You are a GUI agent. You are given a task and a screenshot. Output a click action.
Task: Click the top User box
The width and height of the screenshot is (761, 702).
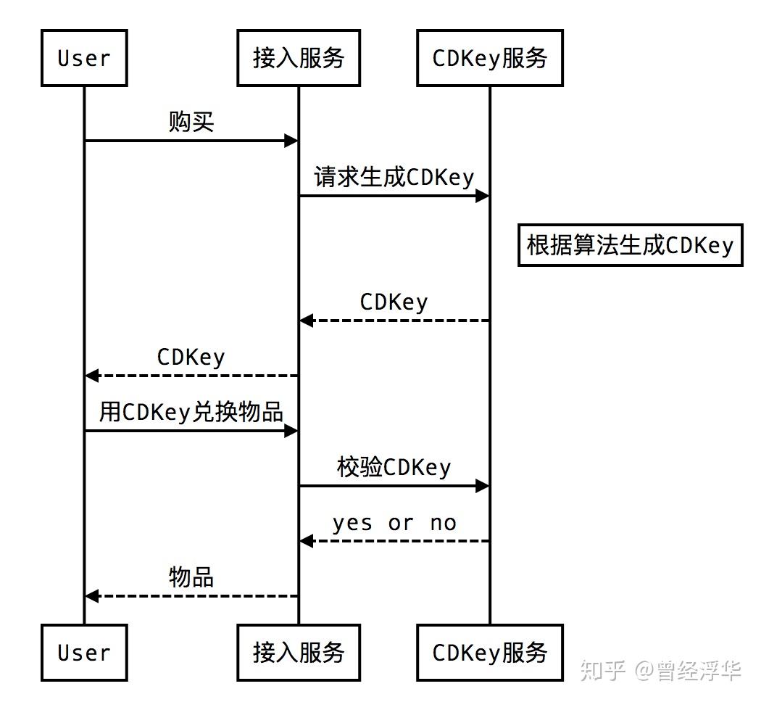pos(84,58)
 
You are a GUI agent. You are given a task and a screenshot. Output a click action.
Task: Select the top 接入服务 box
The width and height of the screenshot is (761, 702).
pos(298,58)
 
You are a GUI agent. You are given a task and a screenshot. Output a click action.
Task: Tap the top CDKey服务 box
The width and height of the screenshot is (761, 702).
pos(489,58)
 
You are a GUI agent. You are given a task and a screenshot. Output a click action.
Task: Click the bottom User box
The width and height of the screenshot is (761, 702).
pos(84,653)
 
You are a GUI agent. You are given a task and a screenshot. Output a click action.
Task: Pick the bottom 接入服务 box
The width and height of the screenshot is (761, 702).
pos(298,653)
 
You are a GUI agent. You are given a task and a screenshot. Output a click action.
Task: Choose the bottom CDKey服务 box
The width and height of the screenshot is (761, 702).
pos(489,653)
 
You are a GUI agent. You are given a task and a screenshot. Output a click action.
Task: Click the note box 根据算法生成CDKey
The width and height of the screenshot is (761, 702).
pos(630,245)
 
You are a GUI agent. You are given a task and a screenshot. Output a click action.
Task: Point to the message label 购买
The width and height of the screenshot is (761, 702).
pos(191,121)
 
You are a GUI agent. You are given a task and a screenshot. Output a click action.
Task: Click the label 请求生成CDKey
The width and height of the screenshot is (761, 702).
pos(394,176)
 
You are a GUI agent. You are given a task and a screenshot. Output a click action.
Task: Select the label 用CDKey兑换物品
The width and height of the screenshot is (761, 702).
pos(191,412)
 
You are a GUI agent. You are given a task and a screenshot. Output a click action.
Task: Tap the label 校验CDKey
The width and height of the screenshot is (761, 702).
pos(394,467)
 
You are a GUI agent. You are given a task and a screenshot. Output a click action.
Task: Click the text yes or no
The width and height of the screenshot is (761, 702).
pos(394,522)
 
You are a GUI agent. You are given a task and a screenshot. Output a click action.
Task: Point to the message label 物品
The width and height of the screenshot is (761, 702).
pos(191,577)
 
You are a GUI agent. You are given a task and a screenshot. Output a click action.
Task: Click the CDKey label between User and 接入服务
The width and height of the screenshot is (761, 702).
pos(191,357)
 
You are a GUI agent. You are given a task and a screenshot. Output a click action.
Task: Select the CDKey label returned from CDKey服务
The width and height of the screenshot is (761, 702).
pos(394,302)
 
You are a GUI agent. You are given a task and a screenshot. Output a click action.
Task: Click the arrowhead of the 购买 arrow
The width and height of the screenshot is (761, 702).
pos(291,141)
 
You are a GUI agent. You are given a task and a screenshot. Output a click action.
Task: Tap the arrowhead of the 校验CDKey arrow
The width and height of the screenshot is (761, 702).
pos(482,486)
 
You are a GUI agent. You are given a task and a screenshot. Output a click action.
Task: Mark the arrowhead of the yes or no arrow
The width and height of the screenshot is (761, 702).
pos(307,541)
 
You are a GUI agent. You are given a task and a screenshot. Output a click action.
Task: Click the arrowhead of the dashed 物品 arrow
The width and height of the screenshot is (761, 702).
pos(92,596)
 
